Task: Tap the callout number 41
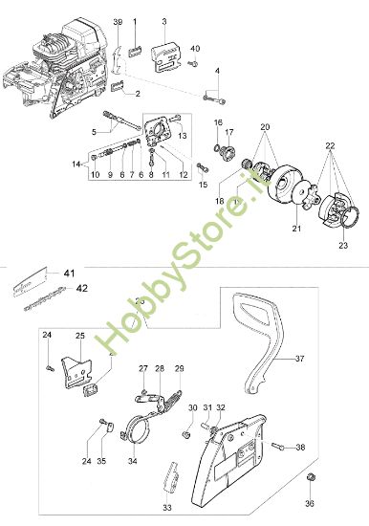point(69,274)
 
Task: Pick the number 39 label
point(118,21)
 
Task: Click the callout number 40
point(195,48)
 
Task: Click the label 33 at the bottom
point(167,508)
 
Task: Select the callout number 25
point(81,336)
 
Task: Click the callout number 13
point(180,137)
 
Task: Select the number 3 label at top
point(163,21)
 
